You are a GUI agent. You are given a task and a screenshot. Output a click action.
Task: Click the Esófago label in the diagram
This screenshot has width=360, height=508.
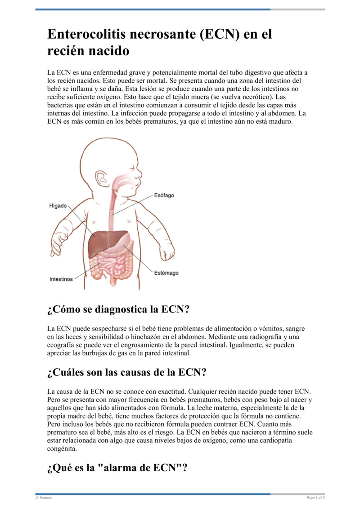164,196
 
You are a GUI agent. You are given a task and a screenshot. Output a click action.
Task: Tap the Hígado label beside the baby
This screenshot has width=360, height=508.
58,206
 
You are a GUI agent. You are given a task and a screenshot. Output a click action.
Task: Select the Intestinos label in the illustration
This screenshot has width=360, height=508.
61,279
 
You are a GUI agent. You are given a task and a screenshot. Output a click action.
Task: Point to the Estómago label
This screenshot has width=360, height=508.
166,273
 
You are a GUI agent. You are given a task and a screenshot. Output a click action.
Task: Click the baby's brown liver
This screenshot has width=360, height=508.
101,243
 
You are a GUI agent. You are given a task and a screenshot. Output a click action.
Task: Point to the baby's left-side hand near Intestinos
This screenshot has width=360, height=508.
58,245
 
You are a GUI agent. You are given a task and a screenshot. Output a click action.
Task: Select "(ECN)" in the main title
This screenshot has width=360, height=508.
218,35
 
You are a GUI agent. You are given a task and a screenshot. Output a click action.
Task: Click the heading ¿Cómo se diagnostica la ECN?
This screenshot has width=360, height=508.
118,310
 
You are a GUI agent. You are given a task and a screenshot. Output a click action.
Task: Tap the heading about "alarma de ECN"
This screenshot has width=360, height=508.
117,468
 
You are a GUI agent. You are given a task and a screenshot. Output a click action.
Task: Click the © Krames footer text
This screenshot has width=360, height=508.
44,498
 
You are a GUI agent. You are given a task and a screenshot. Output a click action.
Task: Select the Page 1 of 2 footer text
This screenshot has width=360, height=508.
315,498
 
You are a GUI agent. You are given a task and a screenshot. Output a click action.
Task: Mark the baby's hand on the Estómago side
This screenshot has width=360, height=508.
167,254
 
